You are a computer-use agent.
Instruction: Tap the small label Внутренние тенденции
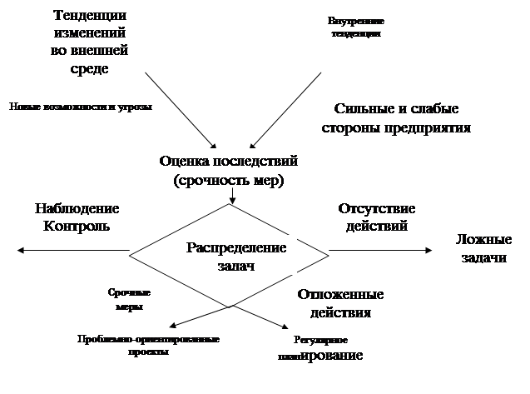pyautogui.click(x=356, y=27)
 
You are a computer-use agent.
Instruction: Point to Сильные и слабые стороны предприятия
pyautogui.click(x=397, y=118)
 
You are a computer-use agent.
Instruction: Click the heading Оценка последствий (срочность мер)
pyautogui.click(x=233, y=170)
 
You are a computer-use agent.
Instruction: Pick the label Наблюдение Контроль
pyautogui.click(x=77, y=217)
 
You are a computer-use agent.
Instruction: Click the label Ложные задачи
pyautogui.click(x=482, y=248)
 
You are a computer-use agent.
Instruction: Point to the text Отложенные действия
pyautogui.click(x=340, y=303)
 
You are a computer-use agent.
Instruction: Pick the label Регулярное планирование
pyautogui.click(x=320, y=348)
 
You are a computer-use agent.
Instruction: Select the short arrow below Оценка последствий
pyautogui.click(x=233, y=195)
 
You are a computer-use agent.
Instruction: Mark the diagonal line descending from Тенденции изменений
pyautogui.click(x=181, y=109)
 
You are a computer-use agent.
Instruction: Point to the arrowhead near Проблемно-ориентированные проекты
pyautogui.click(x=171, y=324)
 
